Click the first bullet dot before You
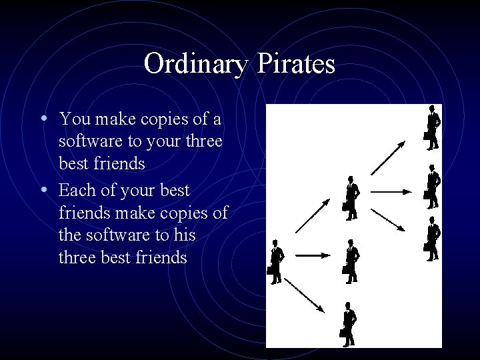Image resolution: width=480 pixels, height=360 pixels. click(43, 119)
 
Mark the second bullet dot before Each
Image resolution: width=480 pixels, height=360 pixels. click(43, 190)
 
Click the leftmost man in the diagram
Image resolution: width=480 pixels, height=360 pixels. click(276, 259)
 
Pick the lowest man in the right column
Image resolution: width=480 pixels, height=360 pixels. click(433, 237)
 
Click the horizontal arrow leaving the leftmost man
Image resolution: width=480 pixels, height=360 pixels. click(310, 255)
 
